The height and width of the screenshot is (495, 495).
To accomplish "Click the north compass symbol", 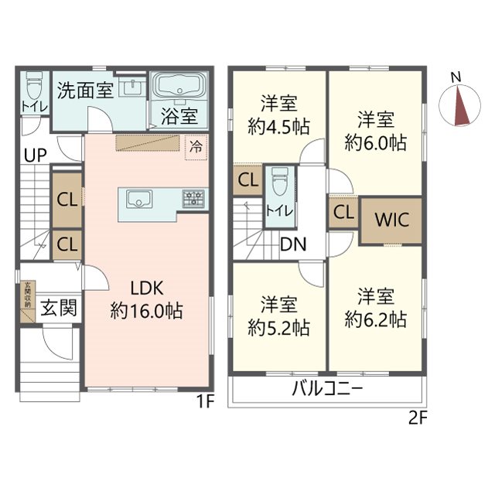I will (x=456, y=104).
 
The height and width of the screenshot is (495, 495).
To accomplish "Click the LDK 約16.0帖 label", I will (x=145, y=299).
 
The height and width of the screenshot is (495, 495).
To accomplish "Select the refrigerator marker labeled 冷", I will (x=196, y=145).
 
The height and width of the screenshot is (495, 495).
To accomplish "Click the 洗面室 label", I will (x=85, y=90).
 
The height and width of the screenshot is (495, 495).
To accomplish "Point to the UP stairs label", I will (x=33, y=155).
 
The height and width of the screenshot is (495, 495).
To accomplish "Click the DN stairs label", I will (x=293, y=246).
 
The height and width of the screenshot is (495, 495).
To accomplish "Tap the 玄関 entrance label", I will (x=59, y=308).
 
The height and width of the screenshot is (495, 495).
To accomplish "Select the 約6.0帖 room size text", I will (x=376, y=142).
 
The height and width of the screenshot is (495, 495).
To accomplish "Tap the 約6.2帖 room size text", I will (x=376, y=319).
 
